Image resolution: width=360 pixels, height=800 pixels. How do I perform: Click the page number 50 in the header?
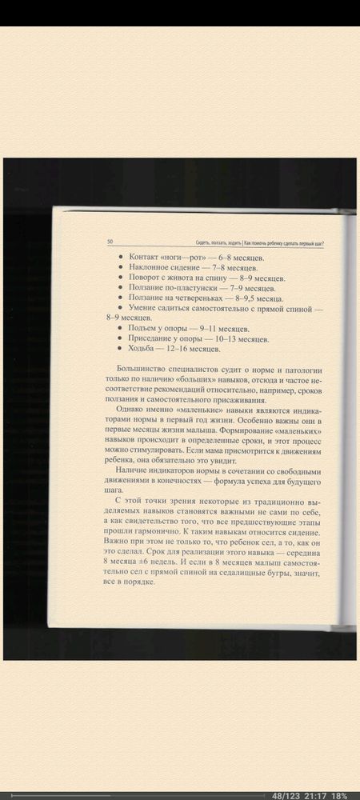[110, 242]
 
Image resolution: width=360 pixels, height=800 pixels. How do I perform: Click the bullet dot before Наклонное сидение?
[121, 268]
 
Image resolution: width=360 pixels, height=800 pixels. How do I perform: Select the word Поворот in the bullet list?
[143, 278]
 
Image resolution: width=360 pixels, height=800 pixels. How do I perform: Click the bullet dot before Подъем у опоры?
[120, 328]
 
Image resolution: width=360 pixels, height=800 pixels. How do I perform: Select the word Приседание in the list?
[150, 338]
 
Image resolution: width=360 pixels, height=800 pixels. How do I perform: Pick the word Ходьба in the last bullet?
[142, 349]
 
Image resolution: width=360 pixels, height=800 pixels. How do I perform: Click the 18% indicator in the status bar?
[339, 795]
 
